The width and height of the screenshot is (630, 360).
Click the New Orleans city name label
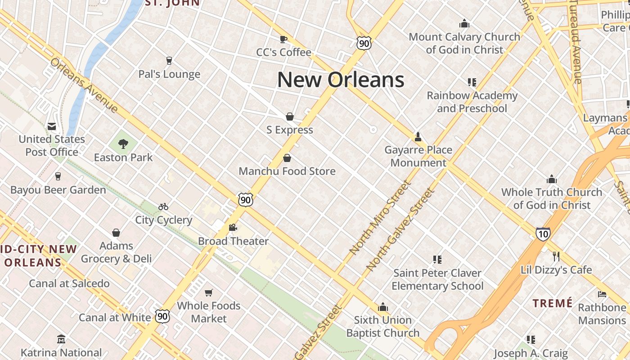click(x=341, y=80)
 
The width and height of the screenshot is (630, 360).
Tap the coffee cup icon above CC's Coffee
click(x=283, y=39)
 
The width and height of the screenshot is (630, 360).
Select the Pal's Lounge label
click(x=169, y=74)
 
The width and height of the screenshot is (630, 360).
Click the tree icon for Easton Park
click(x=123, y=144)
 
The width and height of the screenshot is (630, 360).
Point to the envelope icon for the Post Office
click(x=52, y=126)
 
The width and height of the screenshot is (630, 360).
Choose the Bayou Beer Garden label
click(x=58, y=190)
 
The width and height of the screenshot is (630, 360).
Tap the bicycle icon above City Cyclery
click(x=163, y=207)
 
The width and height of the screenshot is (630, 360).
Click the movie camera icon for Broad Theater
click(x=233, y=228)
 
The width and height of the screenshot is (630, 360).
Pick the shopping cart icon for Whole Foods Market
click(x=208, y=293)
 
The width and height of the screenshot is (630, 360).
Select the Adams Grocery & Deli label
click(x=116, y=252)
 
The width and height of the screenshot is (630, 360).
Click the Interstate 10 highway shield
click(x=543, y=234)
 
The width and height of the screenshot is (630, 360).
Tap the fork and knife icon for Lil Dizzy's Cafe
click(x=556, y=256)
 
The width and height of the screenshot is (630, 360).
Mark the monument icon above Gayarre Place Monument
click(x=418, y=136)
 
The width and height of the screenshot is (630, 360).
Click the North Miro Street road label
click(x=380, y=217)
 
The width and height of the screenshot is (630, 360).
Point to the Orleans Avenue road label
click(x=84, y=85)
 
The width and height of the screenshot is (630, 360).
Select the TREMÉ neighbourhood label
click(x=553, y=303)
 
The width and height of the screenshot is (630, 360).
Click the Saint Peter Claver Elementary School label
click(x=437, y=279)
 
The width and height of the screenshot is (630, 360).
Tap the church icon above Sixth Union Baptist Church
click(x=383, y=307)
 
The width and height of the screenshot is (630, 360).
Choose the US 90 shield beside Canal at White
click(x=163, y=316)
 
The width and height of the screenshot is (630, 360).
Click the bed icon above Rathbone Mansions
click(x=602, y=294)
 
